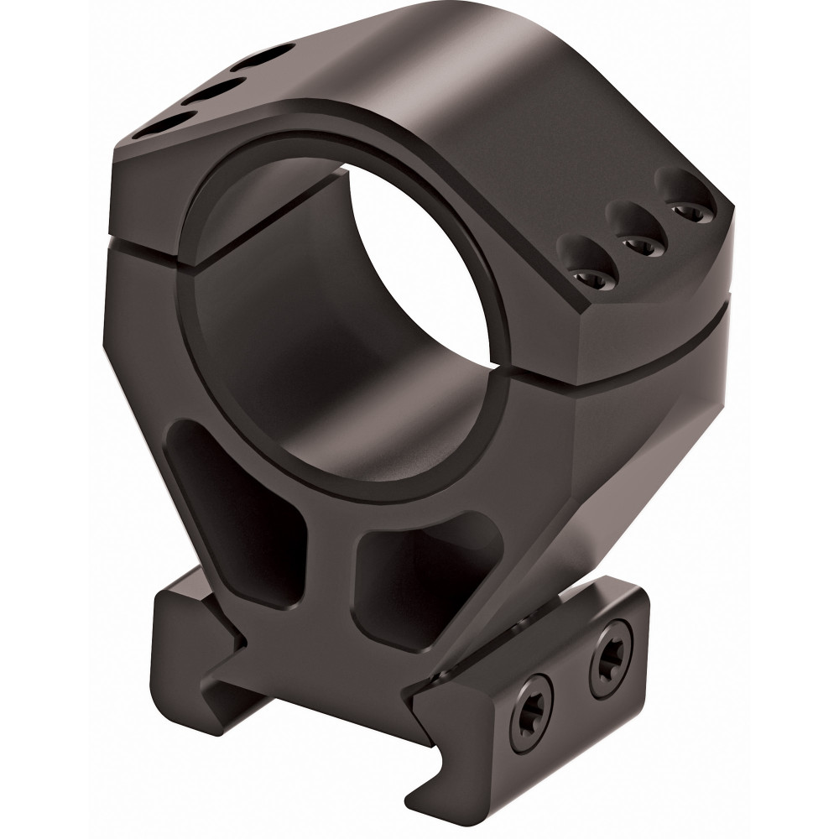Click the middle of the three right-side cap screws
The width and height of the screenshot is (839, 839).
click(634, 240)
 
